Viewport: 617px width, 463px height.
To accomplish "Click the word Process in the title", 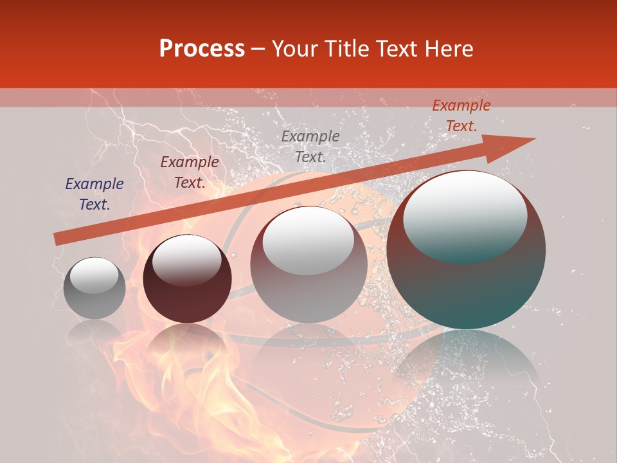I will tap(202, 49).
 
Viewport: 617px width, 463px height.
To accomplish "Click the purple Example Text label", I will tap(94, 194).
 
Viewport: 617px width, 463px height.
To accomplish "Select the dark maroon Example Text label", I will tap(190, 172).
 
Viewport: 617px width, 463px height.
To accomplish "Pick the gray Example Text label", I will tap(310, 147).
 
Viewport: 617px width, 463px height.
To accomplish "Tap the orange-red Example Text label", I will tap(461, 116).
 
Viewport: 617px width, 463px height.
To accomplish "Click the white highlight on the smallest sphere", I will tap(94, 275).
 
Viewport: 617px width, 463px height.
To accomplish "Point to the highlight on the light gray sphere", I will tap(308, 241).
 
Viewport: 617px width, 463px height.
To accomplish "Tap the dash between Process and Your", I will tap(258, 49).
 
